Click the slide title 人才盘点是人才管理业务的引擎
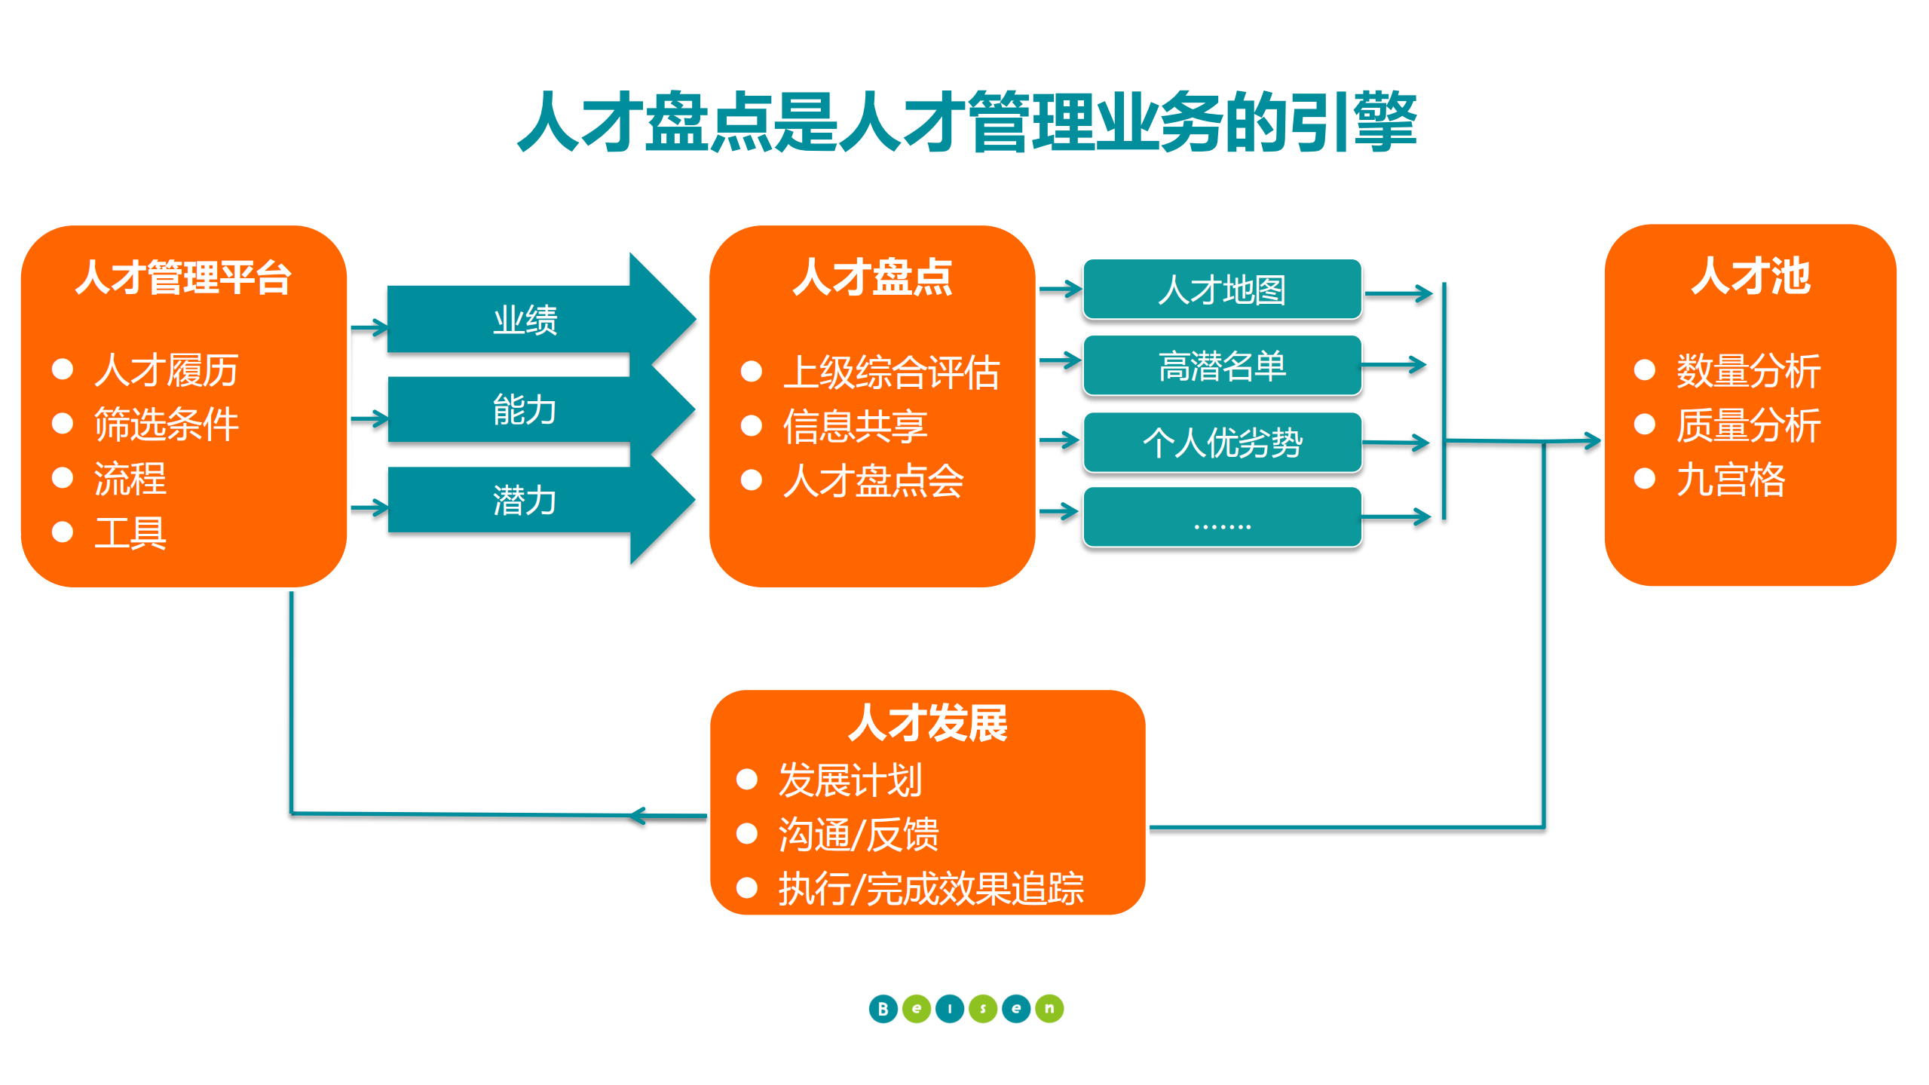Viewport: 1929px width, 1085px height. (x=966, y=122)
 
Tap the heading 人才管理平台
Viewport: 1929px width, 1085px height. (x=183, y=277)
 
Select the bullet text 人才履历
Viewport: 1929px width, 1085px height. (x=166, y=370)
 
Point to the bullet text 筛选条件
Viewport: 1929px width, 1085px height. (x=166, y=424)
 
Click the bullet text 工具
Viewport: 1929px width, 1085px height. (x=130, y=533)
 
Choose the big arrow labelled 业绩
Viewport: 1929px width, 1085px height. (x=525, y=320)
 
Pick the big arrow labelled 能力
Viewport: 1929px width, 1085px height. (x=525, y=409)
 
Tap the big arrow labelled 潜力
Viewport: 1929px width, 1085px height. (x=525, y=501)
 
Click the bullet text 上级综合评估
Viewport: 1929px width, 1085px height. (x=891, y=372)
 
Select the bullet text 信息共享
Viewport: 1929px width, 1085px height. (x=855, y=427)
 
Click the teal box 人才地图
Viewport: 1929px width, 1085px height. (x=1221, y=290)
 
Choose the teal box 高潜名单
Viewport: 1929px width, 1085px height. (x=1221, y=366)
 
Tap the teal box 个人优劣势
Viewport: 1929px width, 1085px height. (x=1221, y=443)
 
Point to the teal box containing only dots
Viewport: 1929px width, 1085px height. (x=1221, y=517)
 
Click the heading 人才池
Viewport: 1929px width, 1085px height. (x=1750, y=276)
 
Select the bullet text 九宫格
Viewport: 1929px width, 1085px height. (x=1730, y=480)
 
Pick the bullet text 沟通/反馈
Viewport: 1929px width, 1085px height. (x=858, y=835)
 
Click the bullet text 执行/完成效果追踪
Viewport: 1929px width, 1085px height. (x=930, y=889)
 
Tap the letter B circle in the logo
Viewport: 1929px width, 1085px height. (x=883, y=1009)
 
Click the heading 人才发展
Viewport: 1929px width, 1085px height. (x=927, y=722)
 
